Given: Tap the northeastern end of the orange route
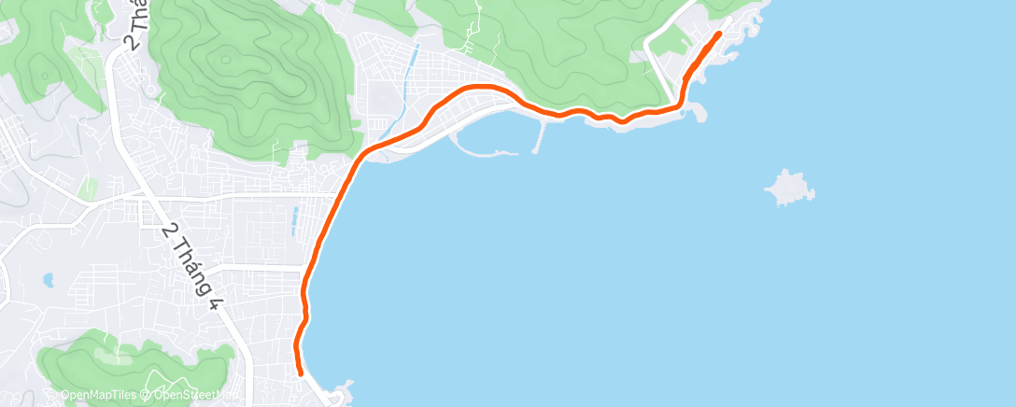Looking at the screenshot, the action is point(719,34).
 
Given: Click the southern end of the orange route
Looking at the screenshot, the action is point(301,373).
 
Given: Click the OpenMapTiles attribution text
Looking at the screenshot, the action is point(98,396).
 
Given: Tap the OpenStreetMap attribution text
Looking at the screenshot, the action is point(191,396).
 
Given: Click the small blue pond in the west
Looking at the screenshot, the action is point(47,279).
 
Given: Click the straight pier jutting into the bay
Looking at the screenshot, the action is point(540,138).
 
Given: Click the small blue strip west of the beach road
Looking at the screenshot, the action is point(295,220).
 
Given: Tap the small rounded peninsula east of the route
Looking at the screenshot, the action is point(696,113).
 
